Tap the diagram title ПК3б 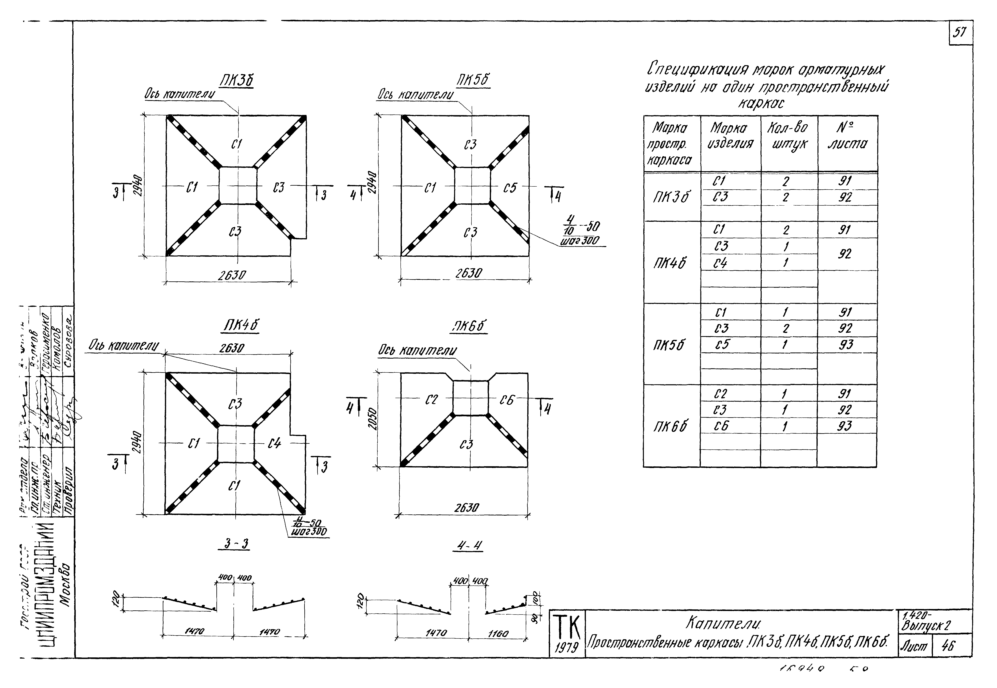tap(236, 81)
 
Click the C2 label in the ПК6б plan tap(431, 400)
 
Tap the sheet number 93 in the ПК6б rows tap(845, 426)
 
